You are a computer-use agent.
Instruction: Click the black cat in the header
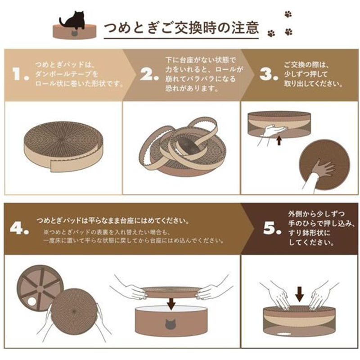[73, 21]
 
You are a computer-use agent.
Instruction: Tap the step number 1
[21, 74]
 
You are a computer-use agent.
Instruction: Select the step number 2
[149, 74]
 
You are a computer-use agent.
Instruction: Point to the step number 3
[269, 74]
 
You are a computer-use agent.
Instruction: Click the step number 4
[19, 228]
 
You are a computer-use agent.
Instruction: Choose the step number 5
[273, 228]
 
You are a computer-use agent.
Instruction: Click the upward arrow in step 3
[279, 140]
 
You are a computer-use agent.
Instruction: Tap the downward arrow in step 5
[299, 294]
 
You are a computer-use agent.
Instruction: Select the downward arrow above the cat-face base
[171, 303]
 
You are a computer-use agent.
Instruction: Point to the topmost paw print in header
[288, 14]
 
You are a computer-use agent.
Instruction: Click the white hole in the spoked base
[32, 301]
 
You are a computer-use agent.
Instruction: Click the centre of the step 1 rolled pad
[61, 139]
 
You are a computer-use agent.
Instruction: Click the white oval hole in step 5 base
[284, 333]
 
